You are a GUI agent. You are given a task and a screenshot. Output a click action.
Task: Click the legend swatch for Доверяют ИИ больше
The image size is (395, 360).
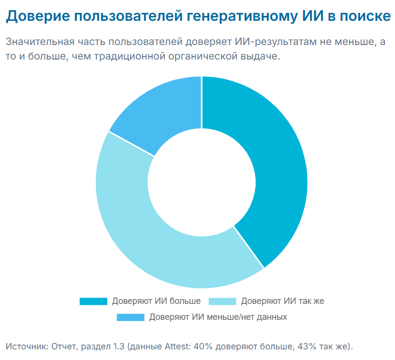click(x=93, y=301)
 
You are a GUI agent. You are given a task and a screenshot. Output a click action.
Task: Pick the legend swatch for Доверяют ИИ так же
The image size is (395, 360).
click(x=222, y=301)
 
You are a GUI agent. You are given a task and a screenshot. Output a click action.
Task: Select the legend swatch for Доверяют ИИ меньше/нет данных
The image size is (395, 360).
click(x=131, y=317)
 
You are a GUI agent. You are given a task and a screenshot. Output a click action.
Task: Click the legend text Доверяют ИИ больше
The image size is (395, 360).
click(x=156, y=301)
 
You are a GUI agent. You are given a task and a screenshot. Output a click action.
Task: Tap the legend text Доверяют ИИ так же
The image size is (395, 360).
click(x=282, y=301)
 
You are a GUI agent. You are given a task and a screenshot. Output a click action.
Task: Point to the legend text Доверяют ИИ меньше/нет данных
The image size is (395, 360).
click(x=218, y=317)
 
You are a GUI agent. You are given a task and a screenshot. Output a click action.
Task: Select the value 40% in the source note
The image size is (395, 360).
click(x=205, y=346)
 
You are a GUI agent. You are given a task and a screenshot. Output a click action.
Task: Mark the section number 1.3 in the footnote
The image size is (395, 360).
click(x=118, y=346)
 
